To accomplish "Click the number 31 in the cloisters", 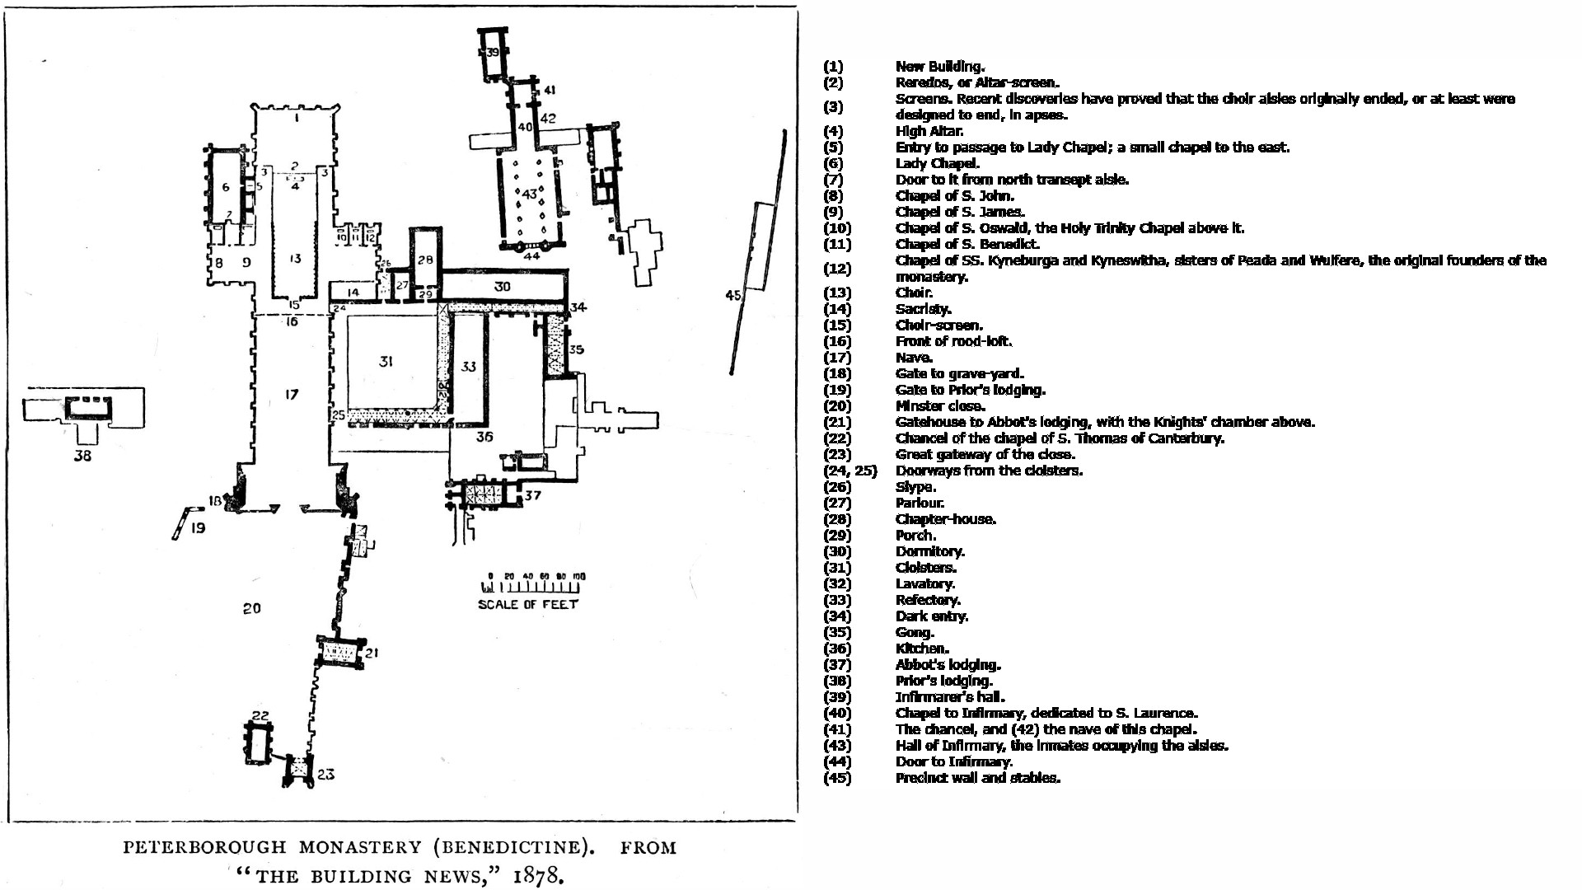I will (386, 362).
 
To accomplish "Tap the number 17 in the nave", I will (291, 395).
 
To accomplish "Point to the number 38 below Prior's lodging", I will (82, 456).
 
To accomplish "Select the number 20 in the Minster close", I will (251, 608).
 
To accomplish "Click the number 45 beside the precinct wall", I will (732, 296).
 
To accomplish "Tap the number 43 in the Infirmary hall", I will (530, 194).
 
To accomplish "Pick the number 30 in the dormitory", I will (502, 287).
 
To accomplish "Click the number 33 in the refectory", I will (469, 366).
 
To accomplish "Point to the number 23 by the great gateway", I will (325, 775).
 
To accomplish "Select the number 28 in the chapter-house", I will (424, 260).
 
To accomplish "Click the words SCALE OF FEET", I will (528, 604).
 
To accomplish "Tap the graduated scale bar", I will (532, 587).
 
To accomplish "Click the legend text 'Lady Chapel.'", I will (926, 163).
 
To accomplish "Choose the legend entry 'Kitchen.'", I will (922, 649).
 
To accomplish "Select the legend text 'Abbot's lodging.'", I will (948, 665).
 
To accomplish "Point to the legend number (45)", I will (837, 778).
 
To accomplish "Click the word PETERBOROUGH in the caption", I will (205, 848).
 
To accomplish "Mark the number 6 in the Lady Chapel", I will (226, 187).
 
